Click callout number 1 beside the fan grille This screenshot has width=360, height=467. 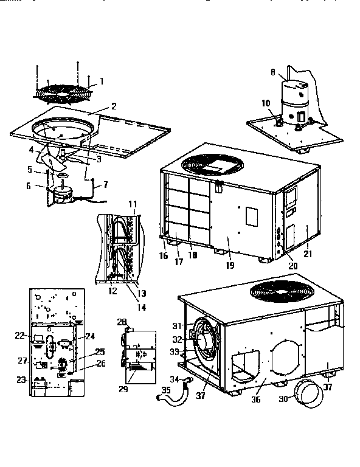click(102, 81)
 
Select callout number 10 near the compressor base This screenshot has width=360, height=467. click(265, 103)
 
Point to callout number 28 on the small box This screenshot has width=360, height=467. click(122, 322)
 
